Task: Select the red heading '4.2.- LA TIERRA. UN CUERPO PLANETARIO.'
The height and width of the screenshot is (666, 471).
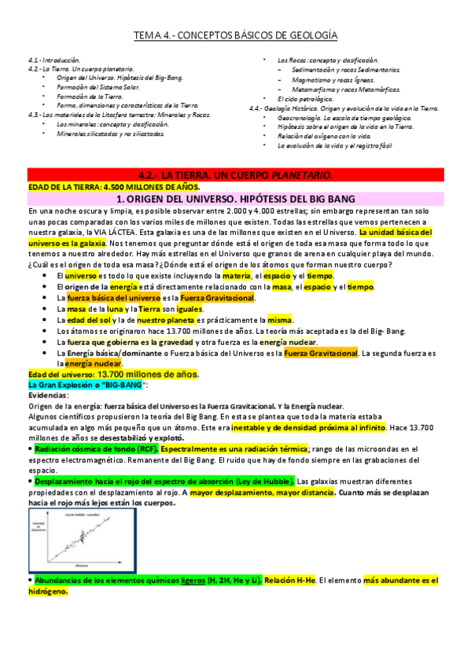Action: pyautogui.click(x=235, y=174)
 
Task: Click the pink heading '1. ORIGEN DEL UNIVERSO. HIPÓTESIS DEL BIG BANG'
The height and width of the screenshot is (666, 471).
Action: pyautogui.click(x=235, y=199)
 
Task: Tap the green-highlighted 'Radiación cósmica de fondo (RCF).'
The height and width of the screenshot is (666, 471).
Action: pyautogui.click(x=94, y=448)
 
